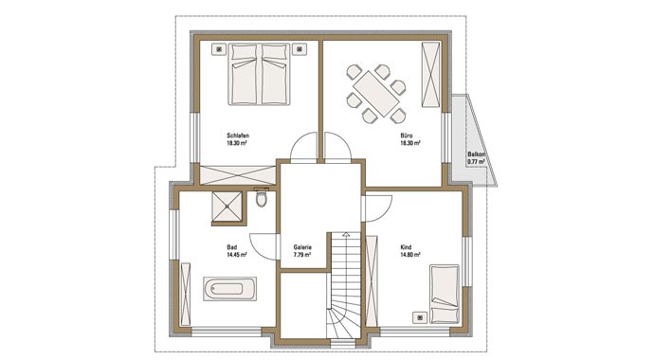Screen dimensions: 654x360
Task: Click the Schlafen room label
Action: coord(238,135)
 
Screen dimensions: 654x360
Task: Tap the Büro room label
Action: coord(407,135)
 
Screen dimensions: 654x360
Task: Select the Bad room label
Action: coord(232,247)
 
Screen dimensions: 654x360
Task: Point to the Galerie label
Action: coord(302,247)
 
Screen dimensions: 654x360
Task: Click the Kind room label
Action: coord(406,247)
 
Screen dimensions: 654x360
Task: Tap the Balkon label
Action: coord(477,153)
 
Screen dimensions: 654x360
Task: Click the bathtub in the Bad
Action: coord(229,288)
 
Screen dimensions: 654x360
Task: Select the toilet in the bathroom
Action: coord(262,198)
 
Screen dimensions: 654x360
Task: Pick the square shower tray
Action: coord(227,207)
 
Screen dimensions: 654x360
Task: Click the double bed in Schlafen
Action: coord(259,74)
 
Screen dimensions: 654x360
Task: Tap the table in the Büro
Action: coord(375,94)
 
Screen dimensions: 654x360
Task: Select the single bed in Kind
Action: coord(445,294)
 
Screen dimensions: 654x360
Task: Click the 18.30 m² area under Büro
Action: coord(410,143)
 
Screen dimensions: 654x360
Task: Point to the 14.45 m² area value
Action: coord(237,255)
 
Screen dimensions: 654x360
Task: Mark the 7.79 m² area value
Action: coord(301,255)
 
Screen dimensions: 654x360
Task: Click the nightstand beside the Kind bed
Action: coord(420,318)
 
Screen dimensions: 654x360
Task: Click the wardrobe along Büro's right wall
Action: coord(430,75)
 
